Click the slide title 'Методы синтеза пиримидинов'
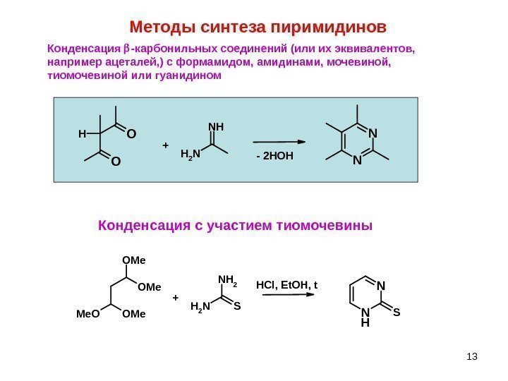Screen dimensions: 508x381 259,28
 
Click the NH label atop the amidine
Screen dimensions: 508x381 216,127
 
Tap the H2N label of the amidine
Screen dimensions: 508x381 190,154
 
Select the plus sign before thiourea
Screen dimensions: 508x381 175,298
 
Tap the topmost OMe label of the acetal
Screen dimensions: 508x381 134,260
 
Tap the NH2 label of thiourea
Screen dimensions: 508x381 227,280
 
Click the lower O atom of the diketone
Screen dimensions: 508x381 116,161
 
